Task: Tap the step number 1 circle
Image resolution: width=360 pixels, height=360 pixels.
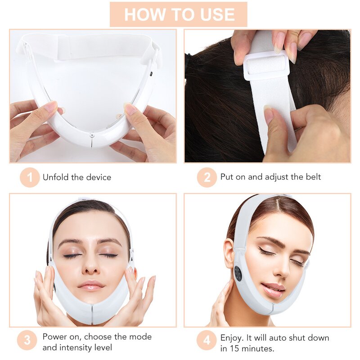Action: [30, 177]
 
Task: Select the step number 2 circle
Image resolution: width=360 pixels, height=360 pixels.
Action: [207, 177]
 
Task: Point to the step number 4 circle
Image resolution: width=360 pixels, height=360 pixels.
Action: [207, 341]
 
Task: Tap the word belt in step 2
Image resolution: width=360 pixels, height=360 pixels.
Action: [313, 177]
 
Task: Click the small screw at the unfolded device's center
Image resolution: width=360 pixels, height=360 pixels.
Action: [92, 135]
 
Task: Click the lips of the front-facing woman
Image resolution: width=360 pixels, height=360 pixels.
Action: [91, 285]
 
